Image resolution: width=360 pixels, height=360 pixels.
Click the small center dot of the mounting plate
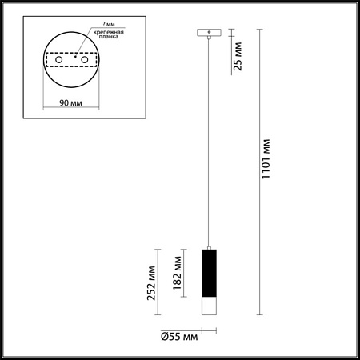[70, 57]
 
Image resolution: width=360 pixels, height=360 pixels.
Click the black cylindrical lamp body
[208, 274]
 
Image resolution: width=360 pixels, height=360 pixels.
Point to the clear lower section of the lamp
[208, 311]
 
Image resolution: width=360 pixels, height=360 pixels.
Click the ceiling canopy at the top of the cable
[208, 32]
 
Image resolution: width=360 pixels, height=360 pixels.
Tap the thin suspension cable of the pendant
[208, 144]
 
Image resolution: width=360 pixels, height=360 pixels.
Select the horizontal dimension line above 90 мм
[70, 110]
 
